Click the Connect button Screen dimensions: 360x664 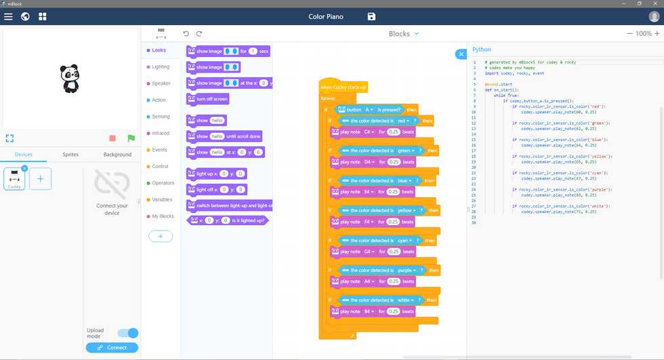tap(112, 348)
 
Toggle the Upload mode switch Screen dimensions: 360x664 tap(128, 333)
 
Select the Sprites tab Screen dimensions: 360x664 tap(70, 155)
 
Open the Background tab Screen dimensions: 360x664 tap(117, 155)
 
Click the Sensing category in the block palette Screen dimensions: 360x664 tap(160, 117)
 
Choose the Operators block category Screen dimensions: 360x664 tap(163, 183)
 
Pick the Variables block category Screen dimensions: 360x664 tap(162, 200)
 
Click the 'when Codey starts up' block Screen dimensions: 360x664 tap(344, 87)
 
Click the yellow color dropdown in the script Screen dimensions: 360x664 tap(405, 211)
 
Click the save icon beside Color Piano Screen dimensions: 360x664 tap(371, 16)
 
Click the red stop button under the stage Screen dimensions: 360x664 tap(112, 138)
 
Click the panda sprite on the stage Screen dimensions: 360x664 tap(70, 79)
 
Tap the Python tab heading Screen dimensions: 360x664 tap(482, 49)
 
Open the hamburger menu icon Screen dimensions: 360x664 tap(8, 16)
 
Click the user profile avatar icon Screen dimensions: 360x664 tap(653, 16)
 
